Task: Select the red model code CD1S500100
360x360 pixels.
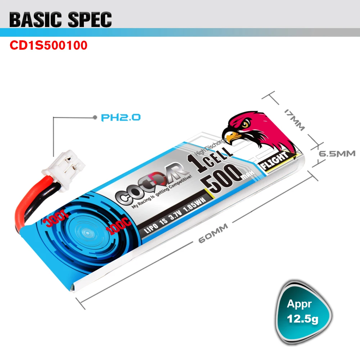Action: [x=48, y=46]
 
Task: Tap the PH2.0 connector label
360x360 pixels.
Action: [x=121, y=117]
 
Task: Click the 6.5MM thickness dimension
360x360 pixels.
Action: [x=337, y=153]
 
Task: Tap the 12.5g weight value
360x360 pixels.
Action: [x=302, y=319]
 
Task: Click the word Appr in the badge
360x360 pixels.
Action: [x=299, y=304]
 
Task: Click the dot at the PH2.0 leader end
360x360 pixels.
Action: [x=95, y=117]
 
